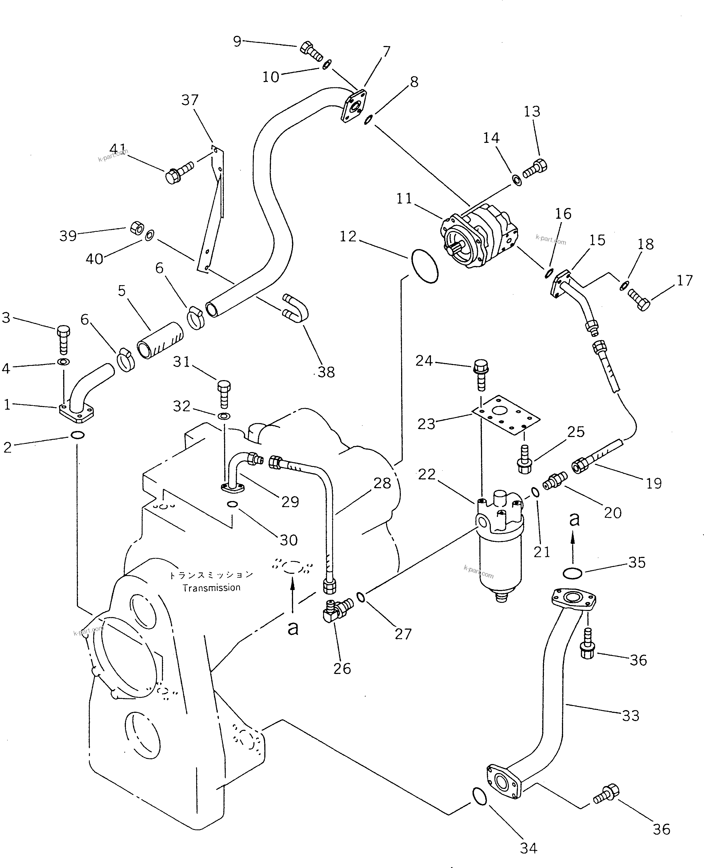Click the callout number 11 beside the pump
click(x=404, y=199)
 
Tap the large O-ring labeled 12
click(x=425, y=267)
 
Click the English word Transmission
click(x=211, y=588)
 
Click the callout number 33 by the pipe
click(x=631, y=716)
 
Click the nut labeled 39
click(x=137, y=228)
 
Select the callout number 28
click(x=382, y=483)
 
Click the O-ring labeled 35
click(x=573, y=573)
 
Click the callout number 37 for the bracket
click(x=190, y=100)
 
